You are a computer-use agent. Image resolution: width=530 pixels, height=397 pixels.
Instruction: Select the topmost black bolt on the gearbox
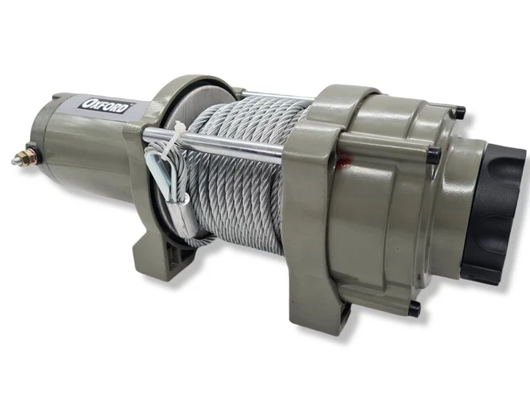(x=458, y=112)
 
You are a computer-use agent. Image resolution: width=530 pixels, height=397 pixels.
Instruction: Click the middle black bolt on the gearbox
(x=432, y=155)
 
